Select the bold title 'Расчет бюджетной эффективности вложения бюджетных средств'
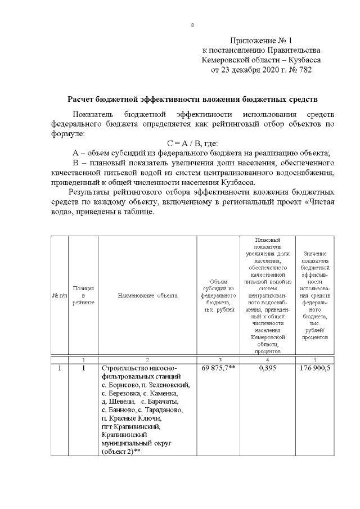tap(193, 100)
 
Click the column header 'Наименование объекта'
tap(147, 295)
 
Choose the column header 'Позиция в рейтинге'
tap(83, 295)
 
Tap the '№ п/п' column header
tap(60, 295)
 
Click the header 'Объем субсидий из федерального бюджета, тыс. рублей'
tap(218, 295)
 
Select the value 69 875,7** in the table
tap(218, 368)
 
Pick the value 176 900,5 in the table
tap(314, 368)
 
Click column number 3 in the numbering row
tap(218, 359)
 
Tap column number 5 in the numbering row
tap(314, 359)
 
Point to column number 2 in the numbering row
tap(147, 359)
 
